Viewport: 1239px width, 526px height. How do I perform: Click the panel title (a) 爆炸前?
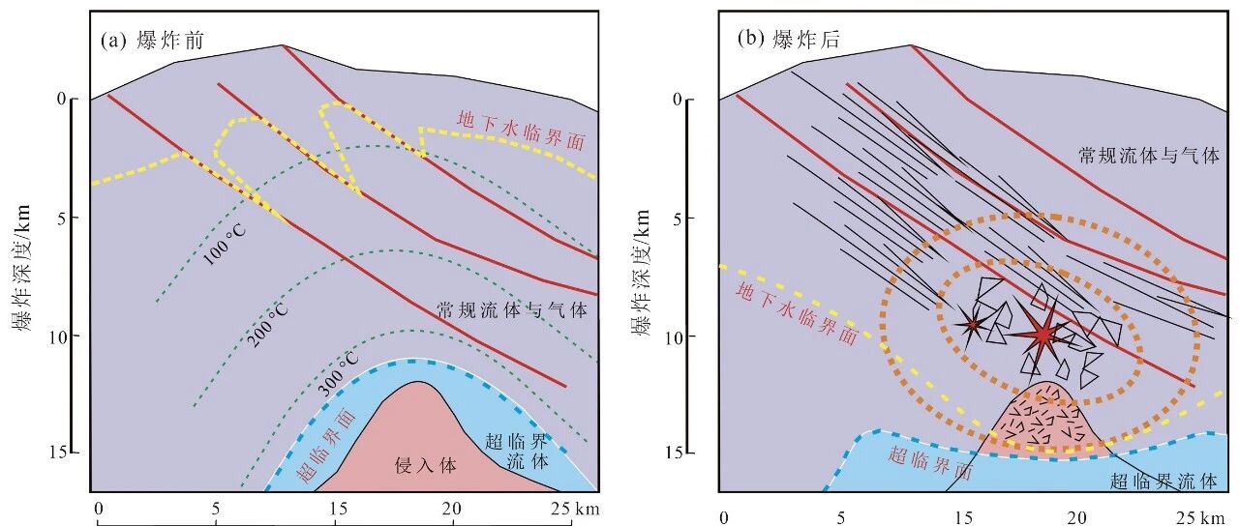(153, 41)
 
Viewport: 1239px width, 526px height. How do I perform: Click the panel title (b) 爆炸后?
(789, 40)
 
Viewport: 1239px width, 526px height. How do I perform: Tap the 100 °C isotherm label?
(224, 246)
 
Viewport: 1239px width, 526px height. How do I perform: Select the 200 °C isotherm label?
(267, 326)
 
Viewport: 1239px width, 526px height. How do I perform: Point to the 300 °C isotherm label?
(338, 375)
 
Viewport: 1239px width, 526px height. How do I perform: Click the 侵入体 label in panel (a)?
(425, 466)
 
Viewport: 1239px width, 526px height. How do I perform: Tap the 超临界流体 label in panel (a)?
(517, 451)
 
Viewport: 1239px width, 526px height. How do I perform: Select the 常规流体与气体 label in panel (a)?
(512, 310)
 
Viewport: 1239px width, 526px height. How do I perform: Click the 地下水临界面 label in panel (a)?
(521, 130)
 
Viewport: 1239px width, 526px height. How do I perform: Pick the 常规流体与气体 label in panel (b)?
(1149, 156)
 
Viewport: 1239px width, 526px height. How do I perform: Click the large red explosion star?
(1043, 335)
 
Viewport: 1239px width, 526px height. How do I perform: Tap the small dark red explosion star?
(972, 326)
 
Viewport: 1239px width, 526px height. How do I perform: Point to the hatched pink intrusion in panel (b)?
(1045, 421)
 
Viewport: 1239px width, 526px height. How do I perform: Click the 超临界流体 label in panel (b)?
(1163, 482)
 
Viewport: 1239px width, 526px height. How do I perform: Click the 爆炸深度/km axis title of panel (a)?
(23, 268)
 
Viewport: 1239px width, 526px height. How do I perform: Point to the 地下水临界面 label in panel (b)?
(797, 312)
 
